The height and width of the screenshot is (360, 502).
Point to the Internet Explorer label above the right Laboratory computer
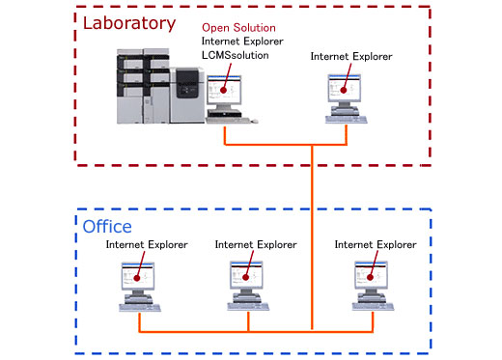[351, 56]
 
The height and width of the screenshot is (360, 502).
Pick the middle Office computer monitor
[249, 277]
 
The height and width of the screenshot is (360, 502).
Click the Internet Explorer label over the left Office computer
[147, 245]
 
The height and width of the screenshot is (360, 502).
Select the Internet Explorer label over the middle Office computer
[256, 245]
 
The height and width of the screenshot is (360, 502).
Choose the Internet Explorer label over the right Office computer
[376, 245]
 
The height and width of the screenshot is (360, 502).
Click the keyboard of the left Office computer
[139, 306]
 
